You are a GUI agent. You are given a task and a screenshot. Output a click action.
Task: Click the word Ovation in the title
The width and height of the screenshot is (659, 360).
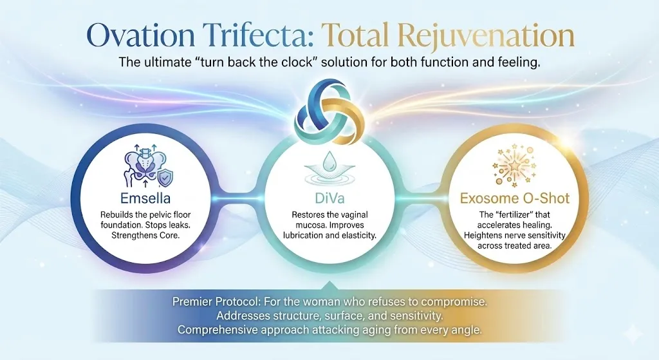140,35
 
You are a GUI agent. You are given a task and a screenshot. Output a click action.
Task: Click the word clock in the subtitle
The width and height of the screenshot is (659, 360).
300,62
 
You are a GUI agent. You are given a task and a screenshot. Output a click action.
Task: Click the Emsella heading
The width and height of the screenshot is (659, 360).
145,198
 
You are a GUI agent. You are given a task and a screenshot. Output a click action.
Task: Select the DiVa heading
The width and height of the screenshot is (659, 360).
329,198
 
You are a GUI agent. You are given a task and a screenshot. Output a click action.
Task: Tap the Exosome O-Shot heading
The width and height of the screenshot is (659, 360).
515,198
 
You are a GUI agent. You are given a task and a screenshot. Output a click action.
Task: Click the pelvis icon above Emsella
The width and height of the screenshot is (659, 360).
143,166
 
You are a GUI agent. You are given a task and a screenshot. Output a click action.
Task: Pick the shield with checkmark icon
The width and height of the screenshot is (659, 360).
165,178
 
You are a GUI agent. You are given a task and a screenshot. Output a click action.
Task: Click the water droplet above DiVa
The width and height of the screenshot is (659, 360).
330,160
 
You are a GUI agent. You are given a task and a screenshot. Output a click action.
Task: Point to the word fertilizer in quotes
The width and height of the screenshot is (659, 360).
515,215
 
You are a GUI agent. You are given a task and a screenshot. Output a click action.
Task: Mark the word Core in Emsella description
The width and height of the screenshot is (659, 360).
169,236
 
